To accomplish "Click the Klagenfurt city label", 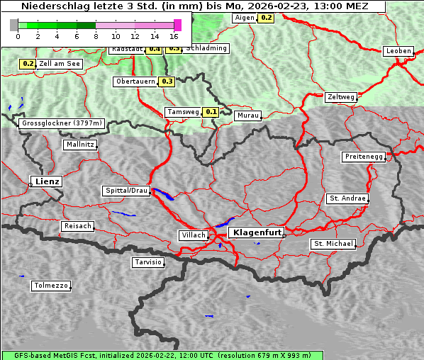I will [258, 232].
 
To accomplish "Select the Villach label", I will [193, 235].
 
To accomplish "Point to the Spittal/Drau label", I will [126, 191].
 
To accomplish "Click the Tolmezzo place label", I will [50, 286].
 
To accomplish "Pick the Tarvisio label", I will [148, 262].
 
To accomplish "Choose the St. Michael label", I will [333, 244].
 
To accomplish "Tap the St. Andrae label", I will [347, 198].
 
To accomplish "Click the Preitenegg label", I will [364, 156].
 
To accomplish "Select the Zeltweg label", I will [341, 97].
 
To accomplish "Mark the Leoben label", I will [398, 51].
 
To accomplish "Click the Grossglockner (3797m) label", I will [62, 123].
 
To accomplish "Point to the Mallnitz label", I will [79, 144].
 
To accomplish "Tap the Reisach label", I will [77, 226].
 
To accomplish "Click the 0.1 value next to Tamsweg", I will [211, 112].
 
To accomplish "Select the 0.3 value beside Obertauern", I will [167, 81].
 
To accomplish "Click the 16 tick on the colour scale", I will [174, 35].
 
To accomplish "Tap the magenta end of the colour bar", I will [177, 25].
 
